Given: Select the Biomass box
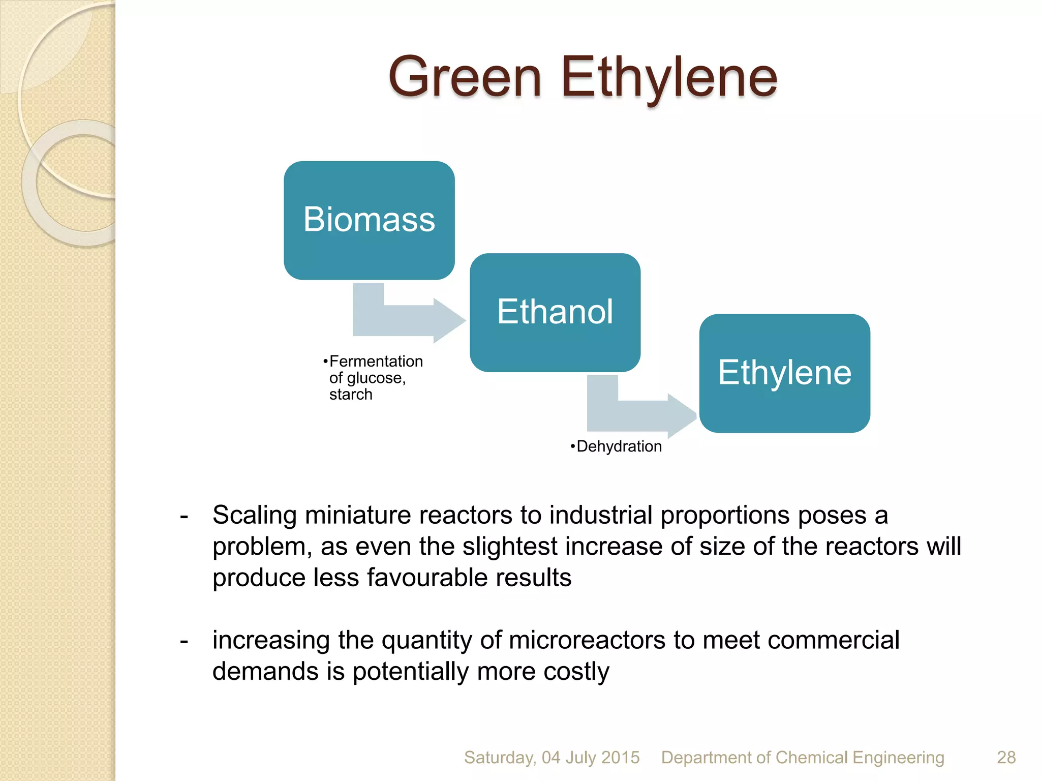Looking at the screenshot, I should [369, 220].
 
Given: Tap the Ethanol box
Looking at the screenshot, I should [555, 312].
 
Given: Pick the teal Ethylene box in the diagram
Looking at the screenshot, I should [784, 373].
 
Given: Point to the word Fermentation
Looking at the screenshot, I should [376, 361].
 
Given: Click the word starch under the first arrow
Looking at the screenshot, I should [351, 395].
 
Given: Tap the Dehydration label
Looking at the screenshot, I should [619, 446].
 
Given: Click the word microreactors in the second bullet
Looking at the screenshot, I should [587, 640].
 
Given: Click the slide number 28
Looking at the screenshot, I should [1006, 758].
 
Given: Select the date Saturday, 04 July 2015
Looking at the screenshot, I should [552, 758].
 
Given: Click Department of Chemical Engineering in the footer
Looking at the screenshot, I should [802, 758].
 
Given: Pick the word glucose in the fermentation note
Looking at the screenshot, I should [376, 378].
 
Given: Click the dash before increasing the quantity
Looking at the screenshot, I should [184, 641].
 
